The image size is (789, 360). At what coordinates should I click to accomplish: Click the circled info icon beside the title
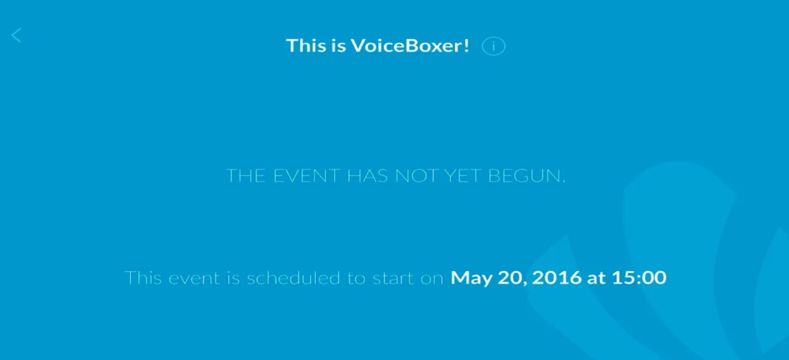tap(494, 46)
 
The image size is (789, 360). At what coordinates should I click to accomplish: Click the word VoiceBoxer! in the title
tap(410, 45)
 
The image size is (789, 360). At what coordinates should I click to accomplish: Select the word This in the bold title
tap(306, 45)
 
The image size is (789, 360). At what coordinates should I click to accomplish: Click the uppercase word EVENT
tap(307, 176)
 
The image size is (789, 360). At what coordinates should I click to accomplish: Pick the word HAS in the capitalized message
tap(367, 176)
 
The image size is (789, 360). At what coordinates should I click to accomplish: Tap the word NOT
tap(417, 176)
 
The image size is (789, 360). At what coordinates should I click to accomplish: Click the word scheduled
tap(294, 278)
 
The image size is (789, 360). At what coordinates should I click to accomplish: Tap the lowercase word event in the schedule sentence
tap(194, 278)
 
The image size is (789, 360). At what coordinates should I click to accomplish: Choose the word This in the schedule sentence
tap(143, 278)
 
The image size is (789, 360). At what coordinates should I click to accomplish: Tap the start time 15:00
tap(639, 278)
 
